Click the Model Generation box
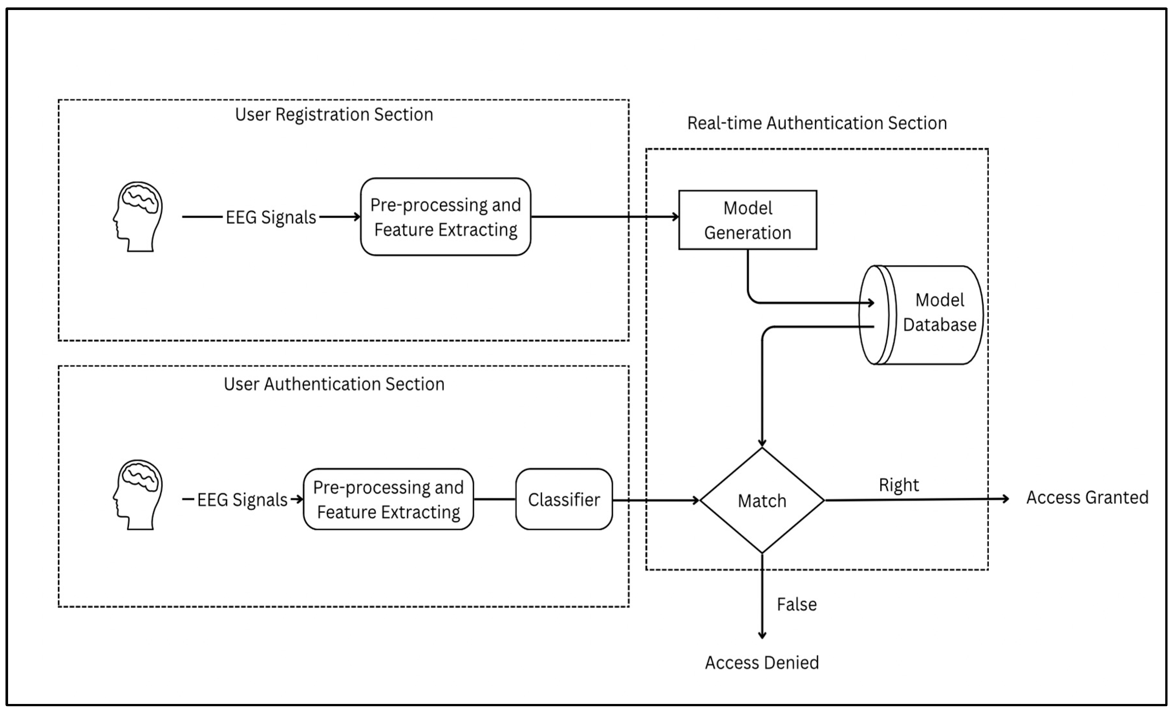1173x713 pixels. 747,220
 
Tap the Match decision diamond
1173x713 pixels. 762,501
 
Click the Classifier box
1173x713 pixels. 564,500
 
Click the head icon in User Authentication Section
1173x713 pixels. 138,495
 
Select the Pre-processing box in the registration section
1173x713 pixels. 445,217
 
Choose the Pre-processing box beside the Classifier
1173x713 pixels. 388,500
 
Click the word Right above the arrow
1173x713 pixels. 899,485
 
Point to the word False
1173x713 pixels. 797,604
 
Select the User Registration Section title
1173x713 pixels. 334,115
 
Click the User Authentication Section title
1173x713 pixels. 334,384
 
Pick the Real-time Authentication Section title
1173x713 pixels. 817,123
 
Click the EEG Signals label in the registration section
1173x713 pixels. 270,217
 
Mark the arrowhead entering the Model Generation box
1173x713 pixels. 675,217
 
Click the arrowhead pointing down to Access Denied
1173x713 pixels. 762,635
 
